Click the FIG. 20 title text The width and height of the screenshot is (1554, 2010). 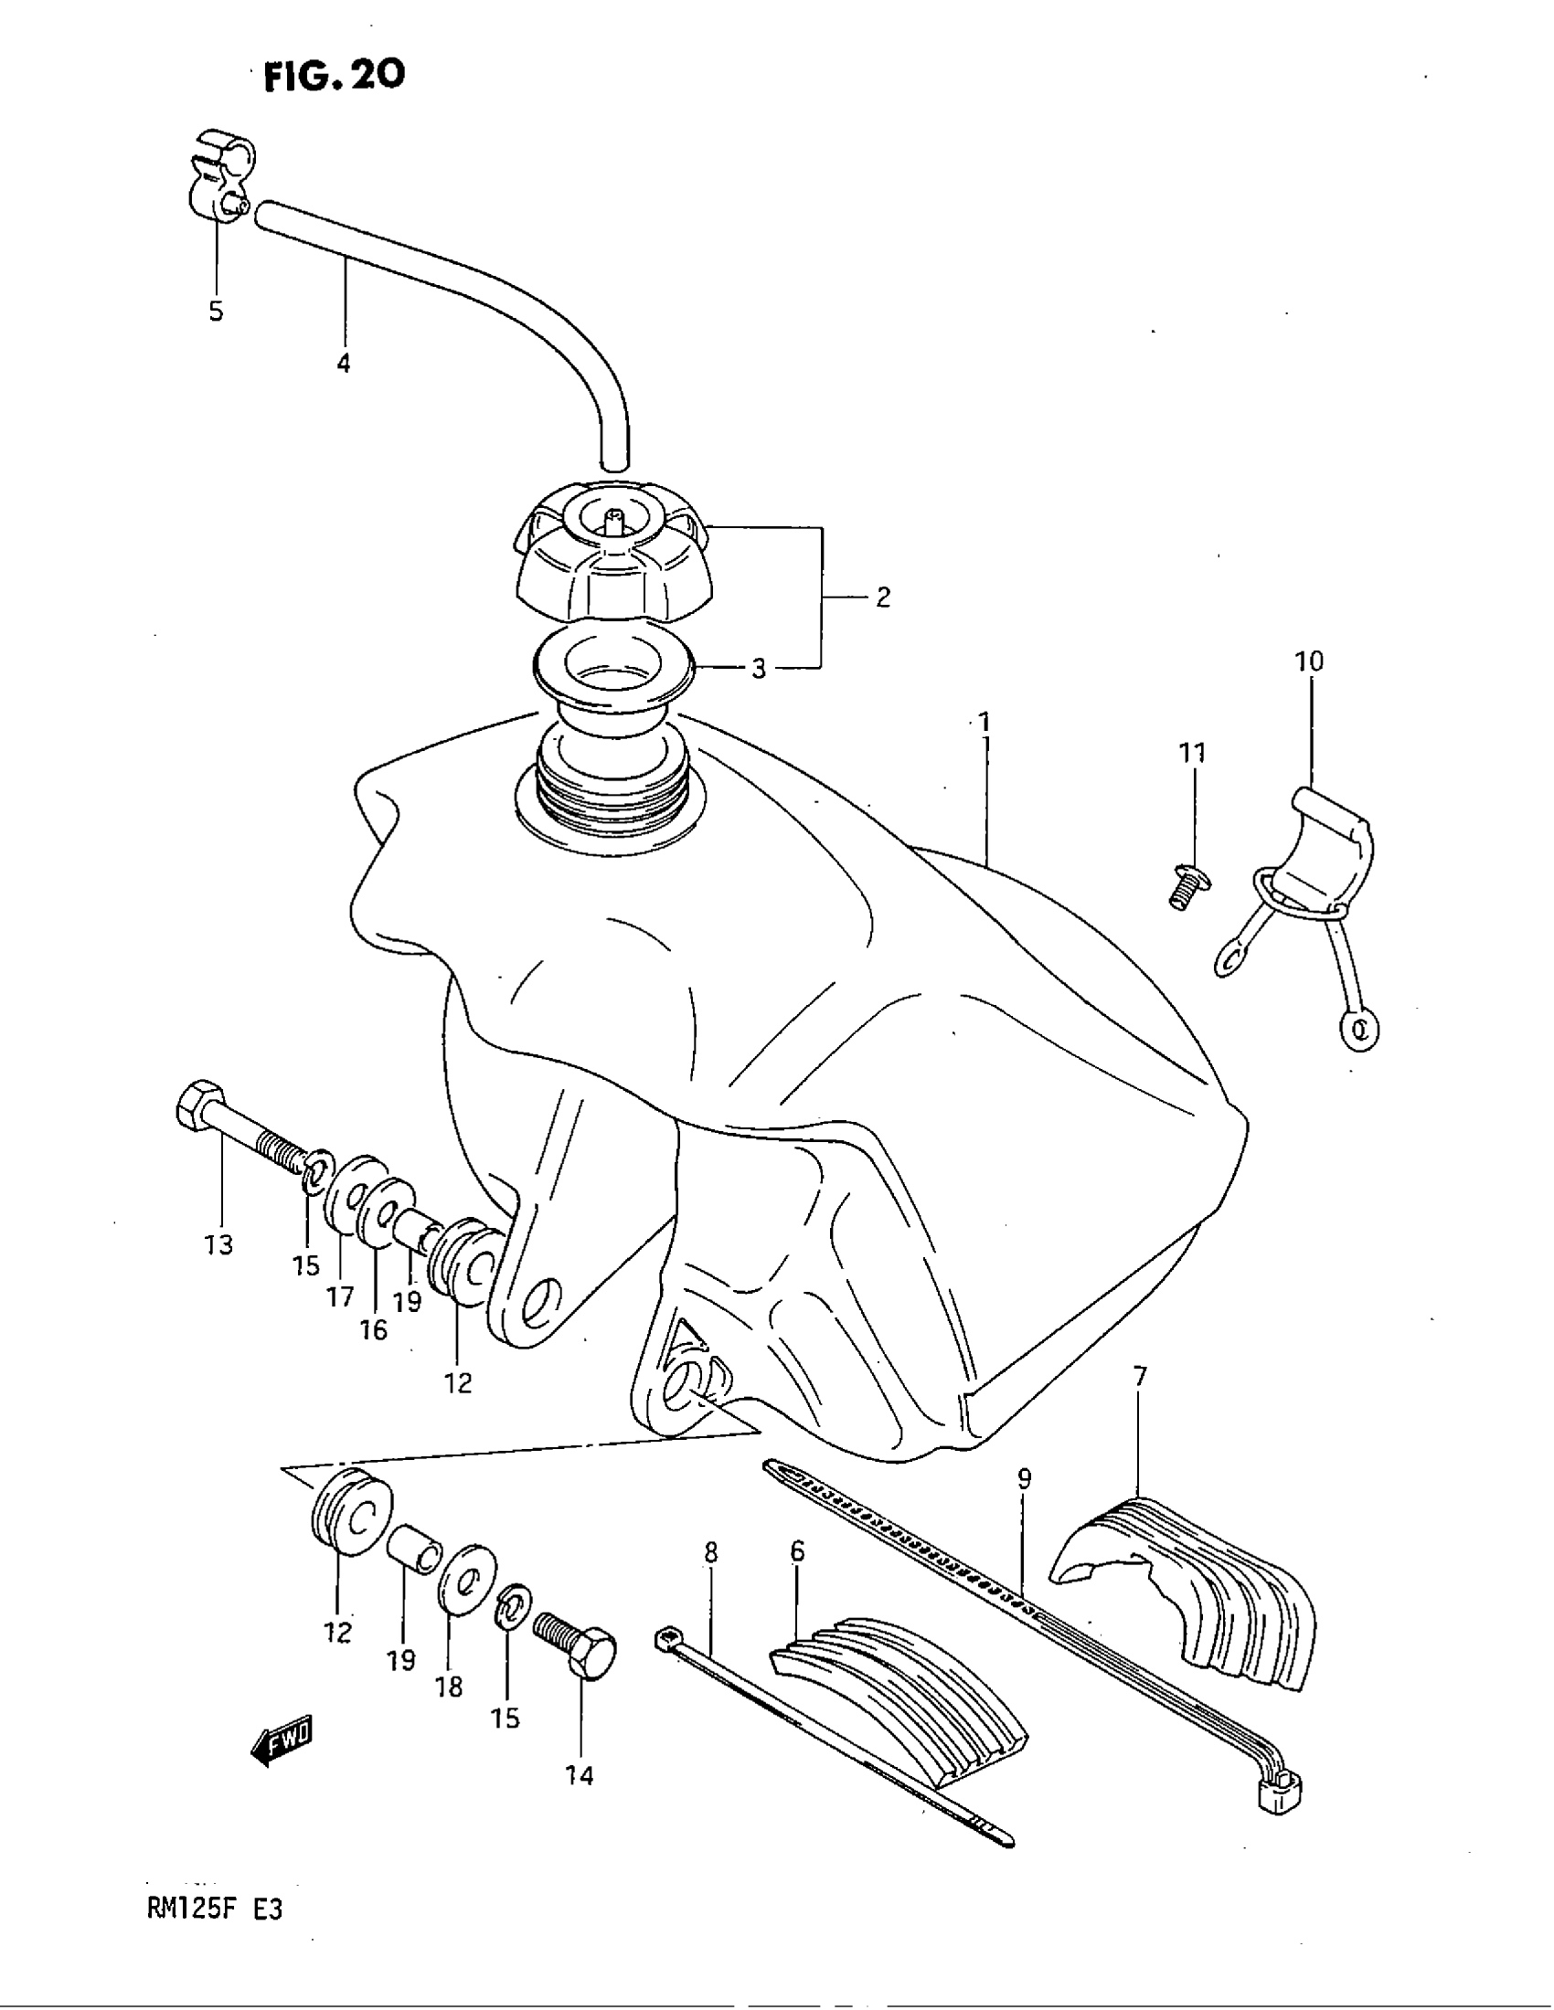[x=335, y=76]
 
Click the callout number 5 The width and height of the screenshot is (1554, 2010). [x=217, y=311]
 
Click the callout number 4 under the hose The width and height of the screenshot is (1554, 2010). [x=344, y=364]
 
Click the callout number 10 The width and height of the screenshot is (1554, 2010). [x=1309, y=661]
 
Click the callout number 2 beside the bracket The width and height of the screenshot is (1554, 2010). [x=883, y=598]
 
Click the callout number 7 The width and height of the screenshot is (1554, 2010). [x=1141, y=1402]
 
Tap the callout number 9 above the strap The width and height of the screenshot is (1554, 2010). [x=1025, y=1479]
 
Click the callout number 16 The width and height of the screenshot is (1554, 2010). [x=374, y=1330]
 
